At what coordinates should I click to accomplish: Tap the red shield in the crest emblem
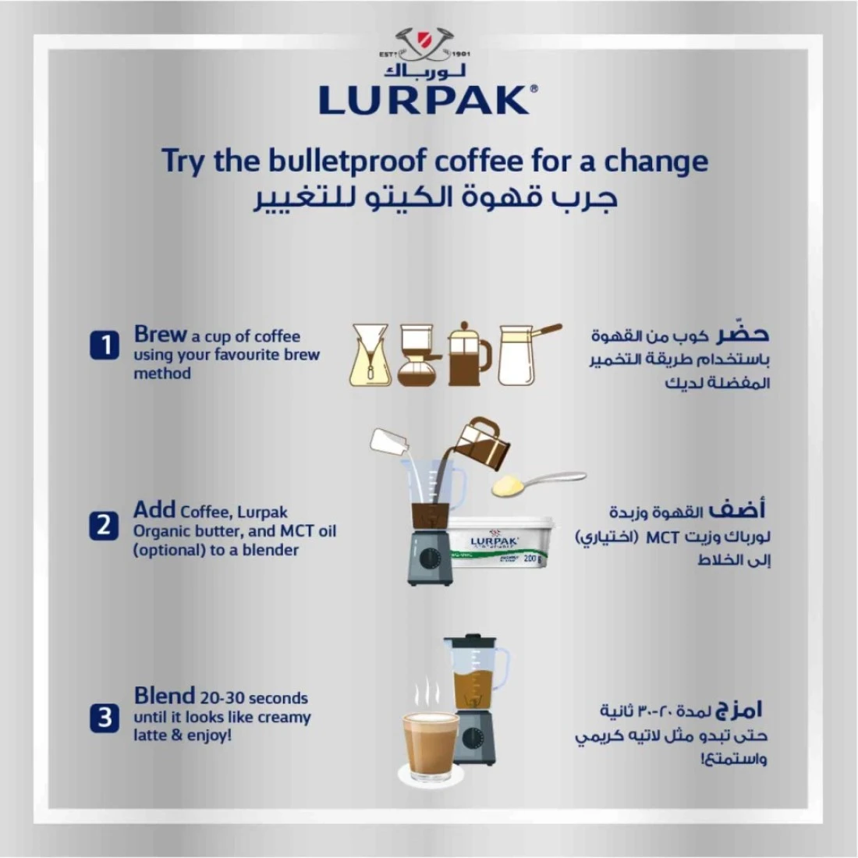pos(424,40)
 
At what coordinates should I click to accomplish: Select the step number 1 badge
pos(105,346)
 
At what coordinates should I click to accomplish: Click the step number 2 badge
pos(104,525)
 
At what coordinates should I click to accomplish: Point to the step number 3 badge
pos(105,718)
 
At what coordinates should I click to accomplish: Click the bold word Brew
pos(161,334)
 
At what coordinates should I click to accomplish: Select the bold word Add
pos(154,509)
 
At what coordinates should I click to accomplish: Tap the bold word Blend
pos(164,696)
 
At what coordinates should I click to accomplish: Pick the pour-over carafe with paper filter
pos(371,355)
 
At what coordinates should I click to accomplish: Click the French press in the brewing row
pos(470,354)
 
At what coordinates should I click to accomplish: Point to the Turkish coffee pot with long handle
pos(527,354)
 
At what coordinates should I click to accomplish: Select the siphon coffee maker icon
pos(418,355)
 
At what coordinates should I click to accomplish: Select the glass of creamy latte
pos(431,746)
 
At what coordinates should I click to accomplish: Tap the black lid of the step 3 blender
pos(470,641)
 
